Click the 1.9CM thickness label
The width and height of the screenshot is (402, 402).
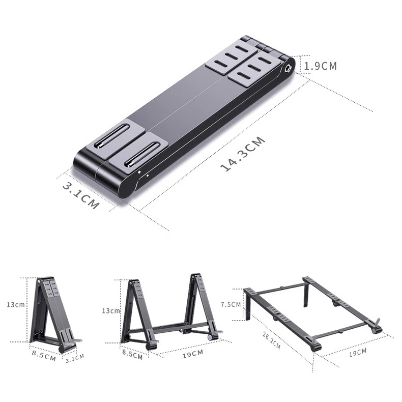tap(321, 66)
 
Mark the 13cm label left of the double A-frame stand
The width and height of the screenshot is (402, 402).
tap(111, 310)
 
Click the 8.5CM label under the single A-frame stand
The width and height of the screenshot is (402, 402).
tap(43, 355)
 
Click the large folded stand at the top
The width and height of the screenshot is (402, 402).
tap(183, 117)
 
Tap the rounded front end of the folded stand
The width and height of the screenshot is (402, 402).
tap(102, 176)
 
